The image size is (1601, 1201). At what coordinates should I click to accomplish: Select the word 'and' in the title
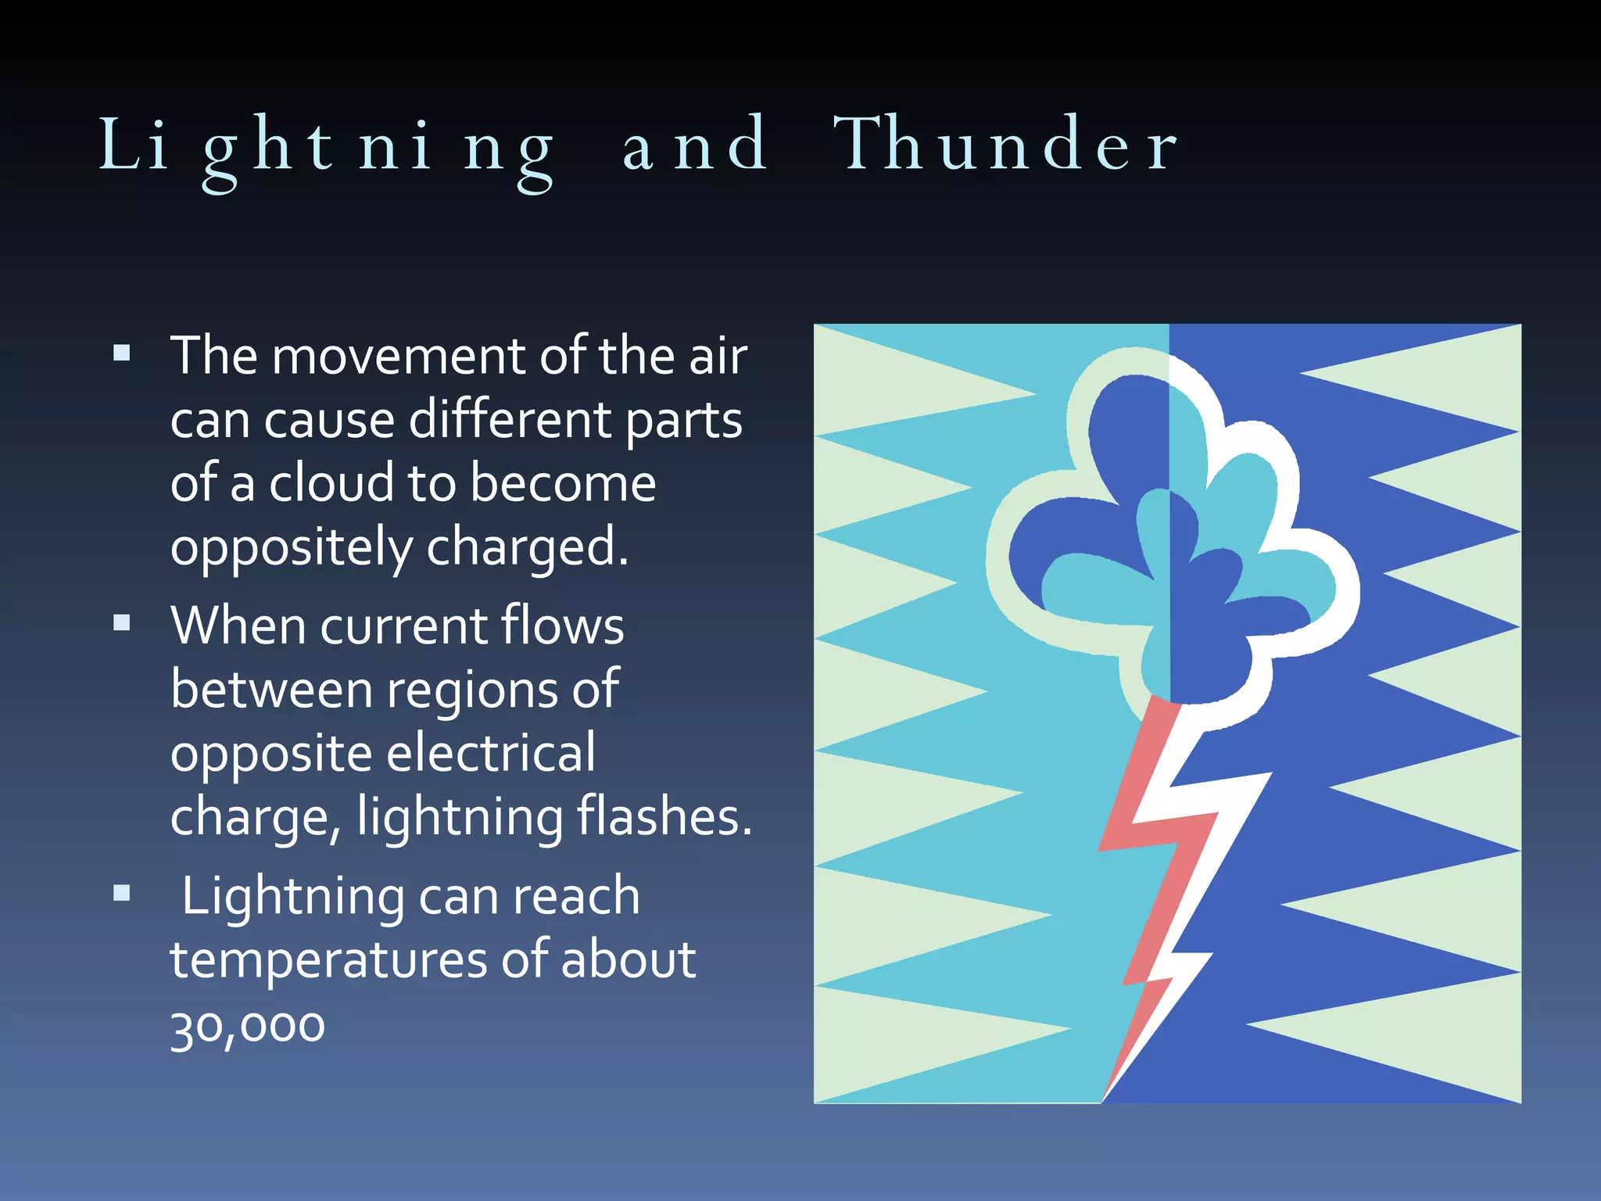pyautogui.click(x=694, y=145)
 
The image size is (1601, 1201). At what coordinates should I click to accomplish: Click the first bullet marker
pyautogui.click(x=121, y=353)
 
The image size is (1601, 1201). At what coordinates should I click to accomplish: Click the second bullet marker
pyautogui.click(x=121, y=623)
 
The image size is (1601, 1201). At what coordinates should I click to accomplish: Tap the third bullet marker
pyautogui.click(x=121, y=892)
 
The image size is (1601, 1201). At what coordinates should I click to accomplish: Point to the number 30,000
pyautogui.click(x=247, y=1025)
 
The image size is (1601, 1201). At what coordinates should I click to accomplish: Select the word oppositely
pyautogui.click(x=290, y=548)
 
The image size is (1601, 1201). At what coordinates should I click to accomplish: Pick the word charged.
pyautogui.click(x=527, y=548)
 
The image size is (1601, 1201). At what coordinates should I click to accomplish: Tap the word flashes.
pyautogui.click(x=664, y=817)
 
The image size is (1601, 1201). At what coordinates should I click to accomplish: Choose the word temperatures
pyautogui.click(x=328, y=960)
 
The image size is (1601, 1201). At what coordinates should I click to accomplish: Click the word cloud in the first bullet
pyautogui.click(x=331, y=483)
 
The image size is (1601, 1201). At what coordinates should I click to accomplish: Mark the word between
pyautogui.click(x=271, y=690)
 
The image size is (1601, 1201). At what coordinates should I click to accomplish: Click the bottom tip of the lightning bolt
pyautogui.click(x=1103, y=1099)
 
